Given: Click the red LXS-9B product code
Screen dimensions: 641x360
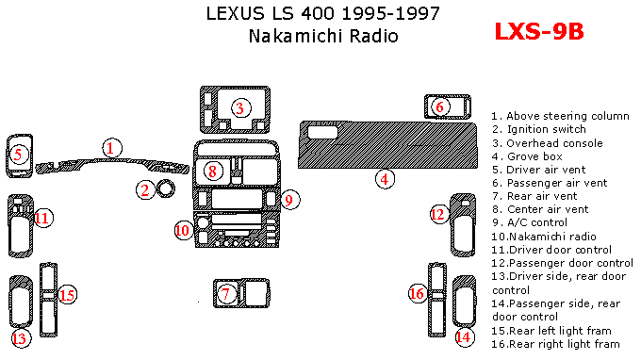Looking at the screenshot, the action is pyautogui.click(x=539, y=31).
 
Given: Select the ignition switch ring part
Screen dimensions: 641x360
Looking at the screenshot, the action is pyautogui.click(x=166, y=188).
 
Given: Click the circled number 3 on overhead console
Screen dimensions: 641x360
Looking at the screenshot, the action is pyautogui.click(x=240, y=108).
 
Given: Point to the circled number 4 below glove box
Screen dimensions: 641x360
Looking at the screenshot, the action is pyautogui.click(x=385, y=179).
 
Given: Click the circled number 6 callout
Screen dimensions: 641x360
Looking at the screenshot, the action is pyautogui.click(x=440, y=107).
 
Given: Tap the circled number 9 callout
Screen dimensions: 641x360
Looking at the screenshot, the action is pyautogui.click(x=289, y=200).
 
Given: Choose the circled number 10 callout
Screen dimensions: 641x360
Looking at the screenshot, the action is pyautogui.click(x=183, y=230).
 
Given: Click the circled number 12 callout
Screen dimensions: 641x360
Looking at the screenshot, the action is pyautogui.click(x=438, y=214).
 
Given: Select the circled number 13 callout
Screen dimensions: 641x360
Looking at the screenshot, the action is pyautogui.click(x=20, y=338).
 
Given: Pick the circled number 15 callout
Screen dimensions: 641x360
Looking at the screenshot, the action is pyautogui.click(x=68, y=295).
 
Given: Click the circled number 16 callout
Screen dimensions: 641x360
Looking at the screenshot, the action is pyautogui.click(x=418, y=293).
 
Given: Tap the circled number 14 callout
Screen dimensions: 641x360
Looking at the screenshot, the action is pyautogui.click(x=465, y=337).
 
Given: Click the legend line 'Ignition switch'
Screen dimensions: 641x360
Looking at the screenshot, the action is pyautogui.click(x=539, y=129).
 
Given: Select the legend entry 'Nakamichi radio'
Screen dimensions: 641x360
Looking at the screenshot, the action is pyautogui.click(x=544, y=237).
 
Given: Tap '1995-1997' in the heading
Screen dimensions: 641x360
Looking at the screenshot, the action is pyautogui.click(x=390, y=13).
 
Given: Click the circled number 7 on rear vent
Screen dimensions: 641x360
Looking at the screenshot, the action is pyautogui.click(x=226, y=293).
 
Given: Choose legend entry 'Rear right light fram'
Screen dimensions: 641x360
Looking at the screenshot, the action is pyautogui.click(x=555, y=344).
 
